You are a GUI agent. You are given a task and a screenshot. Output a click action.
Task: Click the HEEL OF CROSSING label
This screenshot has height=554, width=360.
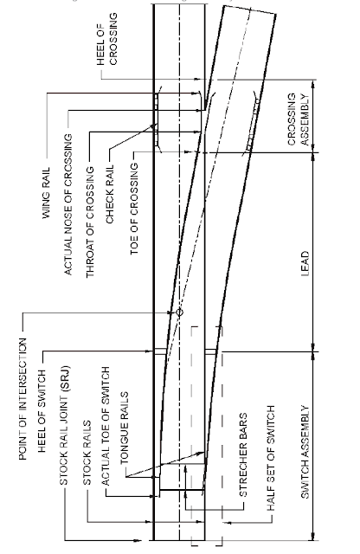click(x=107, y=39)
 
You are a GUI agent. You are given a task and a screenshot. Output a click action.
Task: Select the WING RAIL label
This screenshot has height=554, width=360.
click(x=46, y=193)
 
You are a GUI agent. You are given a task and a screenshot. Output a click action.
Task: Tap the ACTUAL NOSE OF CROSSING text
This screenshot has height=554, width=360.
click(x=68, y=204)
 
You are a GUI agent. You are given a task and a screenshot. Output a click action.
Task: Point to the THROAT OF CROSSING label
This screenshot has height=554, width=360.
click(x=91, y=222)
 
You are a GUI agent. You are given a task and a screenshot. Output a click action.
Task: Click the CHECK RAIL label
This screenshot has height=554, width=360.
click(x=110, y=194)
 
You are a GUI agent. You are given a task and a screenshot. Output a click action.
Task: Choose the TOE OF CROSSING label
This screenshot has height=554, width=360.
click(x=135, y=209)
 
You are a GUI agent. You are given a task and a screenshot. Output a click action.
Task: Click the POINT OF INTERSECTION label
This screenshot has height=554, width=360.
click(x=22, y=399)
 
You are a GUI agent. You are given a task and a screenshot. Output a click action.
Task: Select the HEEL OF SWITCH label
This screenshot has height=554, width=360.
click(x=42, y=411)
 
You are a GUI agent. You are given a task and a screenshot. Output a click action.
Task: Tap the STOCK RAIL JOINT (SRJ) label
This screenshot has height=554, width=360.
click(x=64, y=425)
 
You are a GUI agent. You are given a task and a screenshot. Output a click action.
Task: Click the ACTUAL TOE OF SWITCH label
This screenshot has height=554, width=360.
click(x=106, y=426)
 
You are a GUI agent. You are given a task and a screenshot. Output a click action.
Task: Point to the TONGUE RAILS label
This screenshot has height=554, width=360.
click(x=125, y=428)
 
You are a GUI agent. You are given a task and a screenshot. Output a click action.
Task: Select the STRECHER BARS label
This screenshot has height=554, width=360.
click(x=243, y=455)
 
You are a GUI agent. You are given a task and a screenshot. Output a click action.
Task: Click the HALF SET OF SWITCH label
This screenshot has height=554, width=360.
click(x=271, y=458)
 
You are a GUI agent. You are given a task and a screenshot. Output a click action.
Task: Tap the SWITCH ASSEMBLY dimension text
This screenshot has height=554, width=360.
click(x=305, y=452)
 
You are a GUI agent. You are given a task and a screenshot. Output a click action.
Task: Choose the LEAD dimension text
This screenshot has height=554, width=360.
click(x=305, y=263)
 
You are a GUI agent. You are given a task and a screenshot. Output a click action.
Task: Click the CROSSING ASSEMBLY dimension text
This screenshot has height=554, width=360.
click(x=299, y=119)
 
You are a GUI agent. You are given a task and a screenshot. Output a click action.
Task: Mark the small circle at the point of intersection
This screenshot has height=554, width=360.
click(x=179, y=312)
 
